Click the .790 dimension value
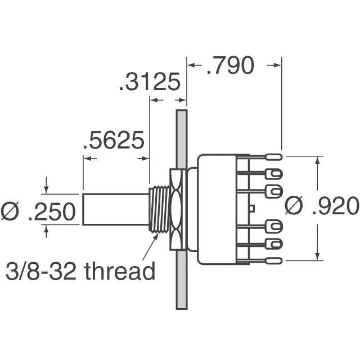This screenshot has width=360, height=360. (x=231, y=65)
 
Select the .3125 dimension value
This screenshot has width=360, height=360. (x=150, y=82)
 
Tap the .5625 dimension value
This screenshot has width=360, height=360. (x=114, y=140)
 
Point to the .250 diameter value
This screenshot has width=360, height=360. (x=52, y=211)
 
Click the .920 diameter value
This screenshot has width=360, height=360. (x=336, y=206)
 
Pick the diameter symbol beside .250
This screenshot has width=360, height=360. (x=10, y=211)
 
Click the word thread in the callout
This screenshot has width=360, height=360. (x=120, y=271)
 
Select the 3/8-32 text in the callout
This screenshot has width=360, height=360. (x=41, y=271)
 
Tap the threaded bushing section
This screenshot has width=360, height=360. (x=160, y=209)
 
